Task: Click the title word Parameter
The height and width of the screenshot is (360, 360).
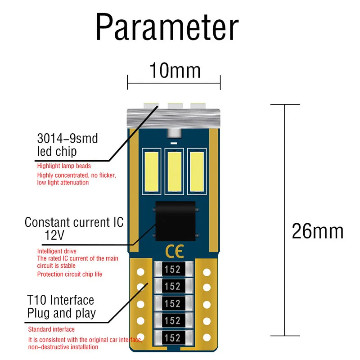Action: [166, 28]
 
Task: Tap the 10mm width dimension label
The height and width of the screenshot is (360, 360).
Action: [175, 71]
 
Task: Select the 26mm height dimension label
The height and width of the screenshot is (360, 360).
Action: [318, 231]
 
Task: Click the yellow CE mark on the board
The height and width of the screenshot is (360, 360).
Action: [173, 250]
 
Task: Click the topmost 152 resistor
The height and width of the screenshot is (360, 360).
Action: [173, 270]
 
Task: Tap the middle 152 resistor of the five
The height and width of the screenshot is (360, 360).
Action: [173, 304]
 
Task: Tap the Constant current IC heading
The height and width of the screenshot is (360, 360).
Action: [74, 222]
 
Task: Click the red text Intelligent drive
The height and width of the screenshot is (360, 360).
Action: [57, 251]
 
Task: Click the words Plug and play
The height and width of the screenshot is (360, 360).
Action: [62, 313]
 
